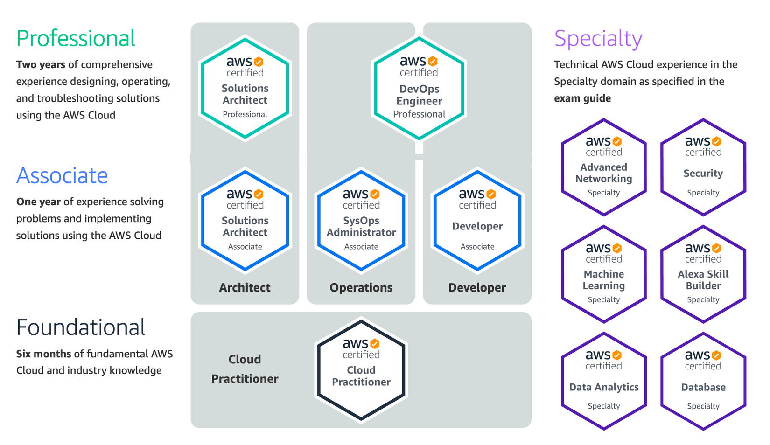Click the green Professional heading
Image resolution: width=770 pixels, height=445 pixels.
(x=76, y=38)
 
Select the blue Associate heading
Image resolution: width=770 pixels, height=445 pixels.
(x=62, y=176)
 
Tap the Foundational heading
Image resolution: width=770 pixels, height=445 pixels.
(x=81, y=327)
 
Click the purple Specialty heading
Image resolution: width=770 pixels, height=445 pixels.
(x=598, y=39)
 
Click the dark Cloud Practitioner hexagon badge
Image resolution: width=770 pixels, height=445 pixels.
(x=361, y=370)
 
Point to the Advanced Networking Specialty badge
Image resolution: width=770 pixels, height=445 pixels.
(x=604, y=167)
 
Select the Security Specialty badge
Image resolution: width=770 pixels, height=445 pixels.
(x=703, y=167)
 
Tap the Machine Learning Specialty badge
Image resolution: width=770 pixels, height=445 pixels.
(x=604, y=274)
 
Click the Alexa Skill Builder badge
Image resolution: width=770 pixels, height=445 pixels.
(x=703, y=274)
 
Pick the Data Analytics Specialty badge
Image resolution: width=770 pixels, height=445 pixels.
(x=604, y=381)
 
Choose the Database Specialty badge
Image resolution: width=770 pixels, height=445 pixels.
(x=703, y=381)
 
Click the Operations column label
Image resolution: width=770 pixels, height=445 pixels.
(x=361, y=288)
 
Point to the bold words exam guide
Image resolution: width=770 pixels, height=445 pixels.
(x=582, y=98)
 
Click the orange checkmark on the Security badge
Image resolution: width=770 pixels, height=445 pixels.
(x=716, y=141)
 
